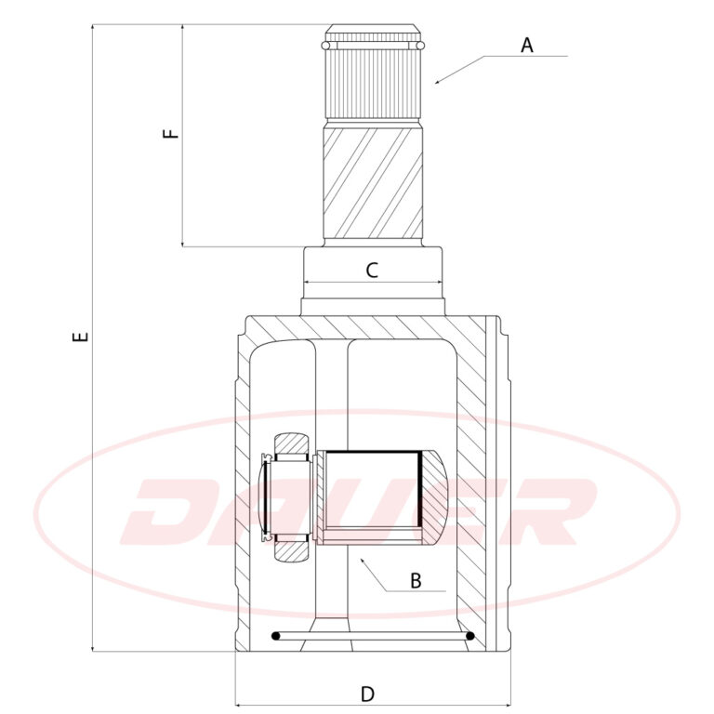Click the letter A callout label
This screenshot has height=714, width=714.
tap(527, 45)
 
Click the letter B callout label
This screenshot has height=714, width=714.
tap(416, 581)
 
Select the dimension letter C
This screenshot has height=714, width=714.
tap(372, 271)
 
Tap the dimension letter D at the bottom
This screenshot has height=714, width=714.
tap(367, 694)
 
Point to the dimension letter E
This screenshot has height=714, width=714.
tap(80, 337)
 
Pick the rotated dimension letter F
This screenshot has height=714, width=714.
tap(171, 134)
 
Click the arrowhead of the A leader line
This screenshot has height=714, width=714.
tap(437, 82)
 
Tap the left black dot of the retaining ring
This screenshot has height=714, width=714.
tap(275, 636)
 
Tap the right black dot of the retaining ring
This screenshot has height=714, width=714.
tap(470, 636)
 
